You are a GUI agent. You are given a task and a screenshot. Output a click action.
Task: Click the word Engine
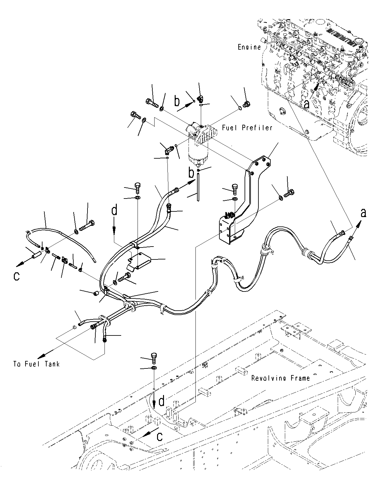(249, 47)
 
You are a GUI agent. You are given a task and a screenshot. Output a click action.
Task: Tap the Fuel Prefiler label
(247, 128)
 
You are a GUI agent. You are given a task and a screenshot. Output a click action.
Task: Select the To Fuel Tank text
(36, 364)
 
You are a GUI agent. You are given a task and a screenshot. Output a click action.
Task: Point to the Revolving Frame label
(280, 378)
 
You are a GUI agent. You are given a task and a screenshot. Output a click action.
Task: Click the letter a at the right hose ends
(363, 213)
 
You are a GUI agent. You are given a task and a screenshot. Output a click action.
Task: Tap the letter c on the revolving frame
(160, 437)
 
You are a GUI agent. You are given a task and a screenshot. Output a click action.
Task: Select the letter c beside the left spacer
(16, 276)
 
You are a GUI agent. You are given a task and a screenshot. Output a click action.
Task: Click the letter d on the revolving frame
(161, 401)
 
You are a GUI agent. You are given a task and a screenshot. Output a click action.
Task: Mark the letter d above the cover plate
(115, 211)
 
